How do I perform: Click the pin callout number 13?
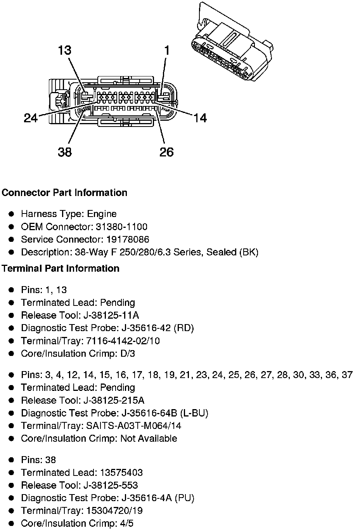point(65,50)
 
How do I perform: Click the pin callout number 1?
point(167,50)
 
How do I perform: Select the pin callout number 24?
point(31,118)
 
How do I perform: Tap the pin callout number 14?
point(200,118)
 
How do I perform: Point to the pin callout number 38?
point(65,152)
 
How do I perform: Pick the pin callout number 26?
point(166,152)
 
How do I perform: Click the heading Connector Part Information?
point(64,193)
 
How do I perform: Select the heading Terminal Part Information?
point(61,269)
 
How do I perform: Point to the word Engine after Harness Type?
point(102,214)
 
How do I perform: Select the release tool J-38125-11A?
point(111,315)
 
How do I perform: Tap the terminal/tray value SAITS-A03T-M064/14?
point(132,426)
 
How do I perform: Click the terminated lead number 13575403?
point(121,473)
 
